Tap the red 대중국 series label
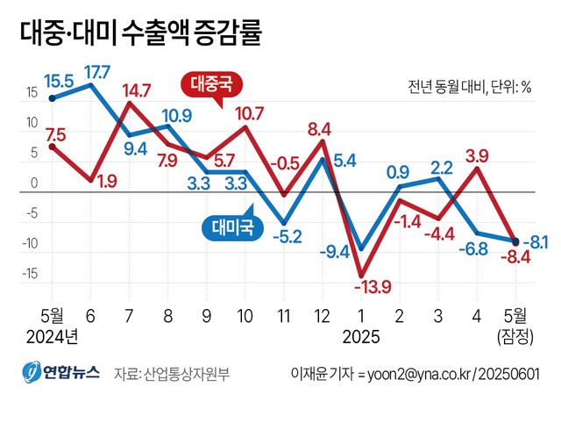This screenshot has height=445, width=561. tap(211, 85)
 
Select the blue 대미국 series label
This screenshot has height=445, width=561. tap(233, 227)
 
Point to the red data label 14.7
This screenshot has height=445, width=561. tap(136, 90)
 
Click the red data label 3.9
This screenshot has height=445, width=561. tap(477, 156)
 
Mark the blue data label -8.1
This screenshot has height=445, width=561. tap(536, 240)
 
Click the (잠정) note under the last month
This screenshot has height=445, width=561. tap(515, 335)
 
